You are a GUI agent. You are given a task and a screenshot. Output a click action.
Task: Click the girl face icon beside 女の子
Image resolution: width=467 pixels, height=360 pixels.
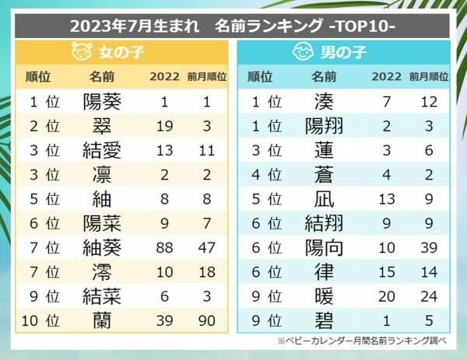click(x=81, y=53)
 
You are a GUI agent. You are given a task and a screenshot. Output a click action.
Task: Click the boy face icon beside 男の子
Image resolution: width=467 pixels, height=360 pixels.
click(x=303, y=53)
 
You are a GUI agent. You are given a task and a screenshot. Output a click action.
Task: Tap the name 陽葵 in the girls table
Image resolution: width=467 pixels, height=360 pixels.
click(x=101, y=100)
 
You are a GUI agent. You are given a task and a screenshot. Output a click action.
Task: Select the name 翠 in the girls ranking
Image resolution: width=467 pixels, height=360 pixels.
click(x=101, y=125)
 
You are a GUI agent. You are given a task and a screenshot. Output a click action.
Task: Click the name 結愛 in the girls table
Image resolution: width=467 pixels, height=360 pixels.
click(x=101, y=149)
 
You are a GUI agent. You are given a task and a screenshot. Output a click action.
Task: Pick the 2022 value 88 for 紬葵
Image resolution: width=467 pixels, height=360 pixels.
click(x=163, y=247)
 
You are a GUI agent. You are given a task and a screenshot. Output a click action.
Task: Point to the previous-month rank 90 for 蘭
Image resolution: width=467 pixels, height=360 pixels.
click(x=206, y=320)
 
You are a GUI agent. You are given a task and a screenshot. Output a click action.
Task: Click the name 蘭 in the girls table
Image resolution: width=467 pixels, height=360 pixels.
click(x=101, y=320)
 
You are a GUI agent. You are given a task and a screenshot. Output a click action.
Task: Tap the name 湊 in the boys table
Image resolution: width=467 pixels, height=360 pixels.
click(x=324, y=100)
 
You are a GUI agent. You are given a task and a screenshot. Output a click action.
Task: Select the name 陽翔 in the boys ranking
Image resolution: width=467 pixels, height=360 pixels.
click(x=324, y=125)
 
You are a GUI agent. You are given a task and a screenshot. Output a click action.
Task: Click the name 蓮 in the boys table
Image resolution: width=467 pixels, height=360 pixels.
click(x=324, y=149)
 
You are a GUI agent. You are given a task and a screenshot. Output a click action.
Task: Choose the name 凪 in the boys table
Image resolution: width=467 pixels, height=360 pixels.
click(x=324, y=198)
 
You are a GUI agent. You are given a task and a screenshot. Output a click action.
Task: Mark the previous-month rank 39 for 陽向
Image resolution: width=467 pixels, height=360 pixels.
click(x=429, y=247)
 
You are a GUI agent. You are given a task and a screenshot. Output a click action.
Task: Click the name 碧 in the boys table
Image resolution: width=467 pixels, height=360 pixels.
click(x=324, y=320)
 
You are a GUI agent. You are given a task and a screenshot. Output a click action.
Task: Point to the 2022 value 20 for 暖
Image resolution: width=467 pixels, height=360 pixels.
click(x=386, y=296)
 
